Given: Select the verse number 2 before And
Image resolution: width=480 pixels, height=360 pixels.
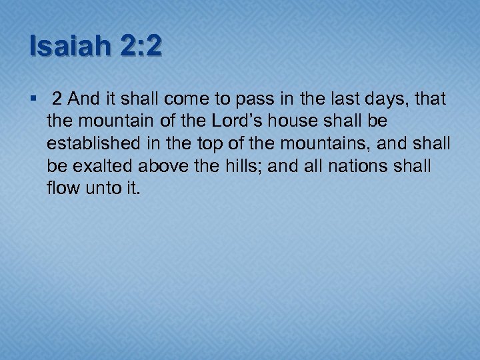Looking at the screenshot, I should [57, 100].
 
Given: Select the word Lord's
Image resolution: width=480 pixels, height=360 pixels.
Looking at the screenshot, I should [219, 121].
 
